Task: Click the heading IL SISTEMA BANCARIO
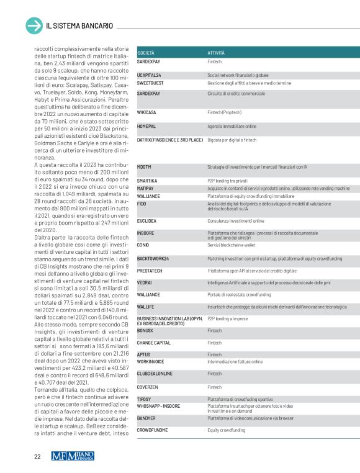click(x=79, y=25)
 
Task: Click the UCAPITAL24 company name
click(x=149, y=74)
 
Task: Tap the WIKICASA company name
click(x=147, y=112)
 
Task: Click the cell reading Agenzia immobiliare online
click(x=232, y=125)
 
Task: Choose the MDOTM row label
click(x=144, y=167)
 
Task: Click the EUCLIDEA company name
click(x=147, y=220)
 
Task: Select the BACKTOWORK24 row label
click(x=153, y=258)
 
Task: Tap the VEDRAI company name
click(x=145, y=282)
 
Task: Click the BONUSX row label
click(x=145, y=331)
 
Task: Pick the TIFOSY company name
click(x=144, y=399)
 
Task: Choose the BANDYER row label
click(x=146, y=419)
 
